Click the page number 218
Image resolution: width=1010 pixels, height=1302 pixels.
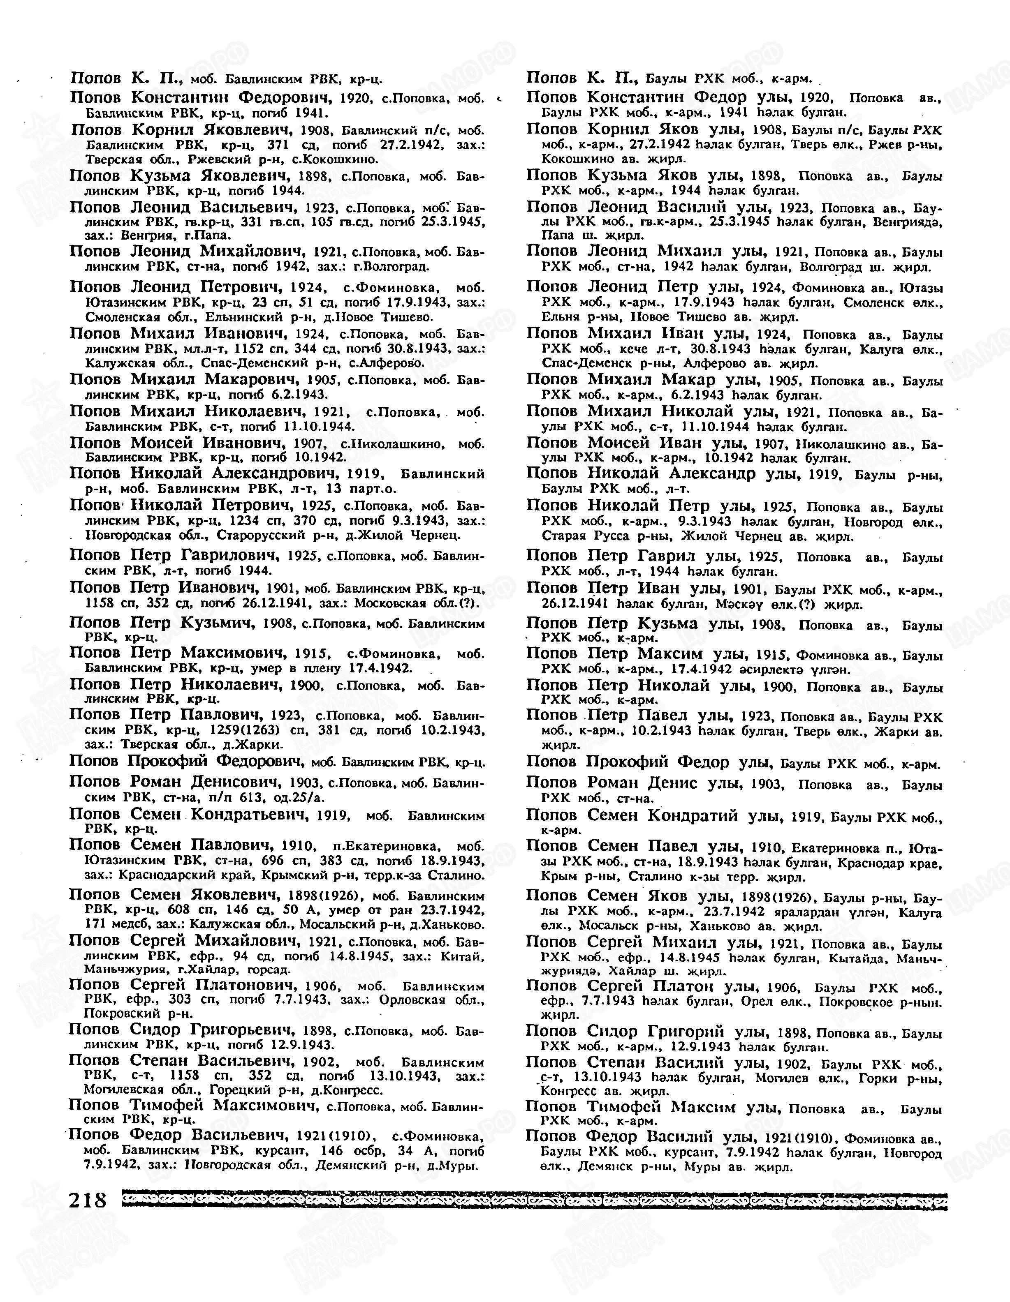[x=87, y=1199]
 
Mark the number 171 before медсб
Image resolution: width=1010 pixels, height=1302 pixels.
[x=95, y=925]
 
